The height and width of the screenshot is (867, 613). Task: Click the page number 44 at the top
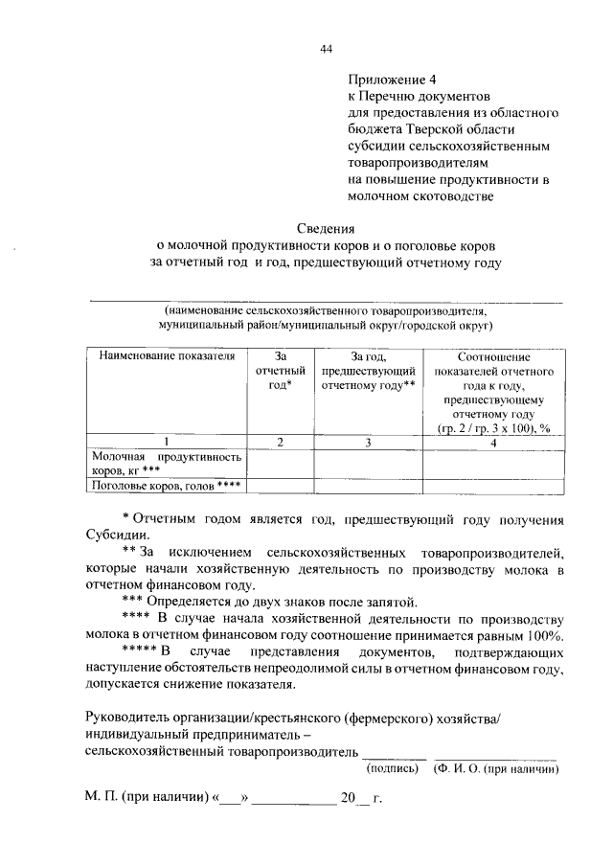click(x=326, y=49)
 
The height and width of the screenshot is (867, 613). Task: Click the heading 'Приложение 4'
click(x=388, y=80)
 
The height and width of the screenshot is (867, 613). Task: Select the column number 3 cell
click(x=368, y=442)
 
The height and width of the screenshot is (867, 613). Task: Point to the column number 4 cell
click(x=493, y=442)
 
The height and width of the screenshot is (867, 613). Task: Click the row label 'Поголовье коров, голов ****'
click(x=165, y=485)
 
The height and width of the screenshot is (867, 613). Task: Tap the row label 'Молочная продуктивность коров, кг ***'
click(x=166, y=464)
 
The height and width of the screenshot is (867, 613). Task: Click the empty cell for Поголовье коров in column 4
click(x=493, y=485)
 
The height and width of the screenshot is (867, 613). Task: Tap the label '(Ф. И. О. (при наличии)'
click(x=495, y=767)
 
